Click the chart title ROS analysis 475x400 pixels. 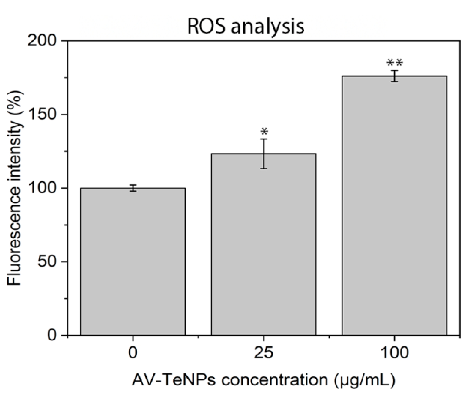click(246, 26)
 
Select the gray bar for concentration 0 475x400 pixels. click(133, 261)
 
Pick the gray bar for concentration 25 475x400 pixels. click(263, 245)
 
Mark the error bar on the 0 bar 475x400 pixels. click(133, 188)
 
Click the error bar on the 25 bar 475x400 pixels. click(264, 154)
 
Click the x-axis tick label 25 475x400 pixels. click(263, 353)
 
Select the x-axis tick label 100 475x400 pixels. click(394, 353)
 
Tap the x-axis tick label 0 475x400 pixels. click(133, 353)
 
